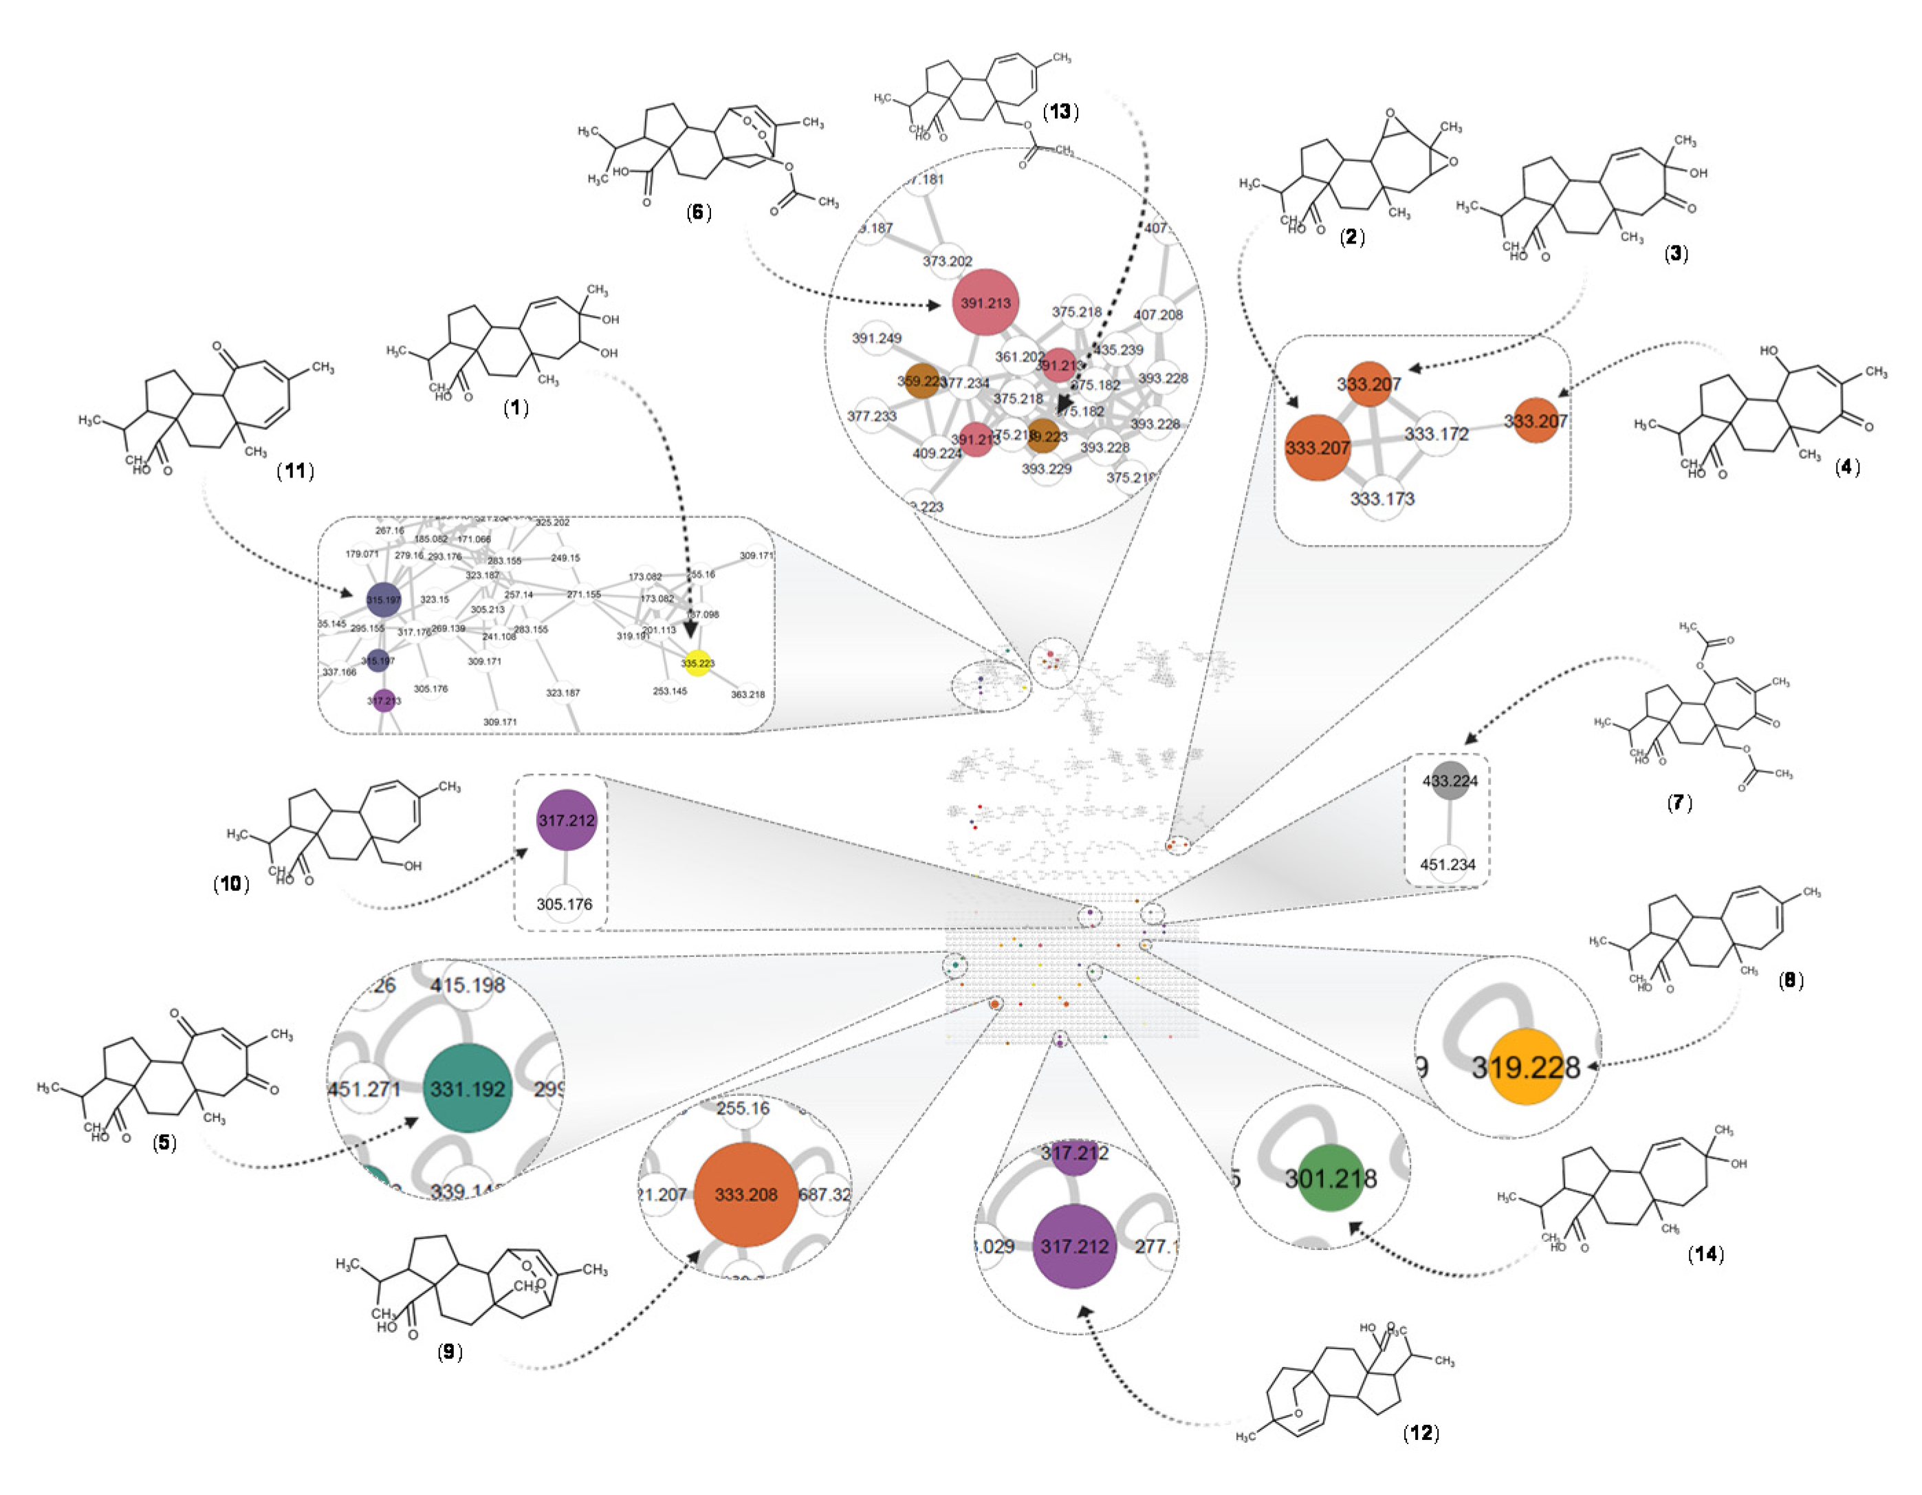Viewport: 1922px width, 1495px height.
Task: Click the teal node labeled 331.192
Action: (x=468, y=1088)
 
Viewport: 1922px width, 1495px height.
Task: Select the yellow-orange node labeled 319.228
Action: (x=1526, y=1067)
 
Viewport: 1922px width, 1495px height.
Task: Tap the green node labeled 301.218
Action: (x=1331, y=1178)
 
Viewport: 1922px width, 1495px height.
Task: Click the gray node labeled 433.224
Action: (x=1450, y=781)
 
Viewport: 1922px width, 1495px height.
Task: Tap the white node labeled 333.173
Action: (x=1382, y=498)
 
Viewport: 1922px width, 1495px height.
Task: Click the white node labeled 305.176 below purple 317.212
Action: (x=564, y=904)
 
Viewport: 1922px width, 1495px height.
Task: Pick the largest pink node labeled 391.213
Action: (x=985, y=303)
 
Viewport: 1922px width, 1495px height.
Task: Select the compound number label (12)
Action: (x=1421, y=1432)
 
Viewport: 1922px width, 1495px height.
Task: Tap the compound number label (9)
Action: (x=450, y=1351)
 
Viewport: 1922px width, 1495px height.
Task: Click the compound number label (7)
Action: (x=1679, y=802)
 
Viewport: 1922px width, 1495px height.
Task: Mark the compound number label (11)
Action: (x=296, y=471)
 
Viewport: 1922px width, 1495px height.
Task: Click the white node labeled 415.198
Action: (x=468, y=985)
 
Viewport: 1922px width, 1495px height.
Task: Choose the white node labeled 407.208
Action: (x=1157, y=314)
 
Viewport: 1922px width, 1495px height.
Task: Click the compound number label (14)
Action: (x=1705, y=1254)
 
